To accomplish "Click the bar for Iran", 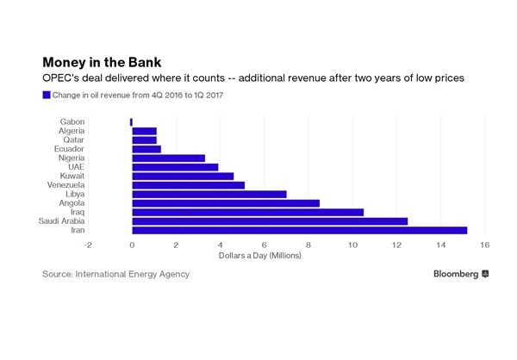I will pos(299,230).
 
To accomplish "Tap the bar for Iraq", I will pos(247,212).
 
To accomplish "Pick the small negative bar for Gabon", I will pos(131,121).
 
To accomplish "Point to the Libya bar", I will pos(209,194).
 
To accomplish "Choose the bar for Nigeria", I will pos(168,158).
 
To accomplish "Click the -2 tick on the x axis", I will pos(88,245).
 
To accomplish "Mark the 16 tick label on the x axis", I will pos(485,245).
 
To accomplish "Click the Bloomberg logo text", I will pos(456,274).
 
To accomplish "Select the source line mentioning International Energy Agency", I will pos(115,274).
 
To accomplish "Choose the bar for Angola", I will pos(226,203).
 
